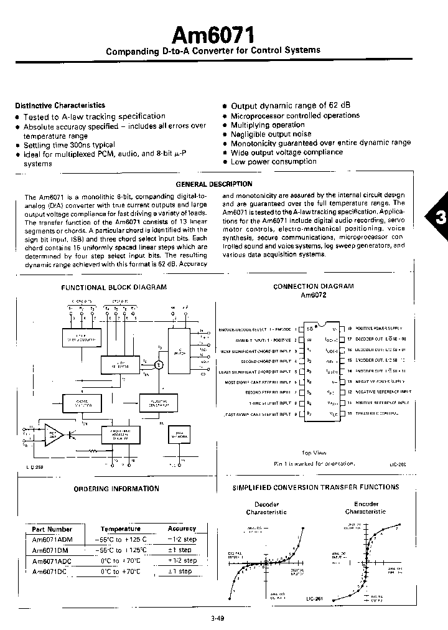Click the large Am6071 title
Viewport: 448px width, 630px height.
point(213,32)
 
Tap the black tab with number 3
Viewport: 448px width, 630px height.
point(438,219)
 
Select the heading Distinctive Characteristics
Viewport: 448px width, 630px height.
point(60,106)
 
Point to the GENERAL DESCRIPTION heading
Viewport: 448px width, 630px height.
point(214,184)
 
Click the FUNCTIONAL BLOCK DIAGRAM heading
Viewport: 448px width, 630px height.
point(113,287)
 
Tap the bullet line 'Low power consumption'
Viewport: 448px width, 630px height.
point(273,162)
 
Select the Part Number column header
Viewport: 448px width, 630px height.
point(52,529)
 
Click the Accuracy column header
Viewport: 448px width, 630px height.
point(182,529)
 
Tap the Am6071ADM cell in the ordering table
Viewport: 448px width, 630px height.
point(51,539)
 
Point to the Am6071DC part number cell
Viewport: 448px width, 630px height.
point(49,571)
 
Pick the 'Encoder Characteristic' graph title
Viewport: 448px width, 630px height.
point(366,508)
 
